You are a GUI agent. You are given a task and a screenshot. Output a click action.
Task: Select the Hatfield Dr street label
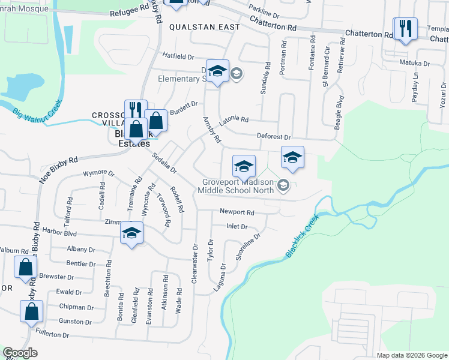tap(178, 56)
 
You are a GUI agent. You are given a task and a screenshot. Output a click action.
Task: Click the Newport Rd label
tap(237, 212)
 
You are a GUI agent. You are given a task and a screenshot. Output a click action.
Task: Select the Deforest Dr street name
tap(274, 137)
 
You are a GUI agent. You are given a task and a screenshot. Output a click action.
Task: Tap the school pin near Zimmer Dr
tap(132, 233)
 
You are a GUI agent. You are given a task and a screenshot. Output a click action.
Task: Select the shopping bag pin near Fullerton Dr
tap(31, 312)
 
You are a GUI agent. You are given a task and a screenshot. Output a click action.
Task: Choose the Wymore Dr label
tap(98, 174)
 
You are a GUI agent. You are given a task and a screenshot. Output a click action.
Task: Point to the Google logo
tap(20, 353)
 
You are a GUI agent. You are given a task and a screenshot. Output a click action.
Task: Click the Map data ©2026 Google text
tap(411, 355)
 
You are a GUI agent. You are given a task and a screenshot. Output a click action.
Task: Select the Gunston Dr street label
tap(75, 322)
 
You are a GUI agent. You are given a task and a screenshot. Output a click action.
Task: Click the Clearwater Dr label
tap(194, 264)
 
